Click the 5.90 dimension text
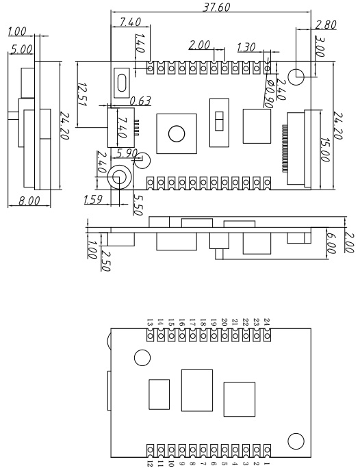(x=128, y=151)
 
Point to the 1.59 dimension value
(x=93, y=200)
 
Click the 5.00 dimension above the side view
(x=19, y=49)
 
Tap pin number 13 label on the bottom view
(x=150, y=322)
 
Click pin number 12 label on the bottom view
(x=150, y=462)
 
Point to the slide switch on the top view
(x=219, y=121)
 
